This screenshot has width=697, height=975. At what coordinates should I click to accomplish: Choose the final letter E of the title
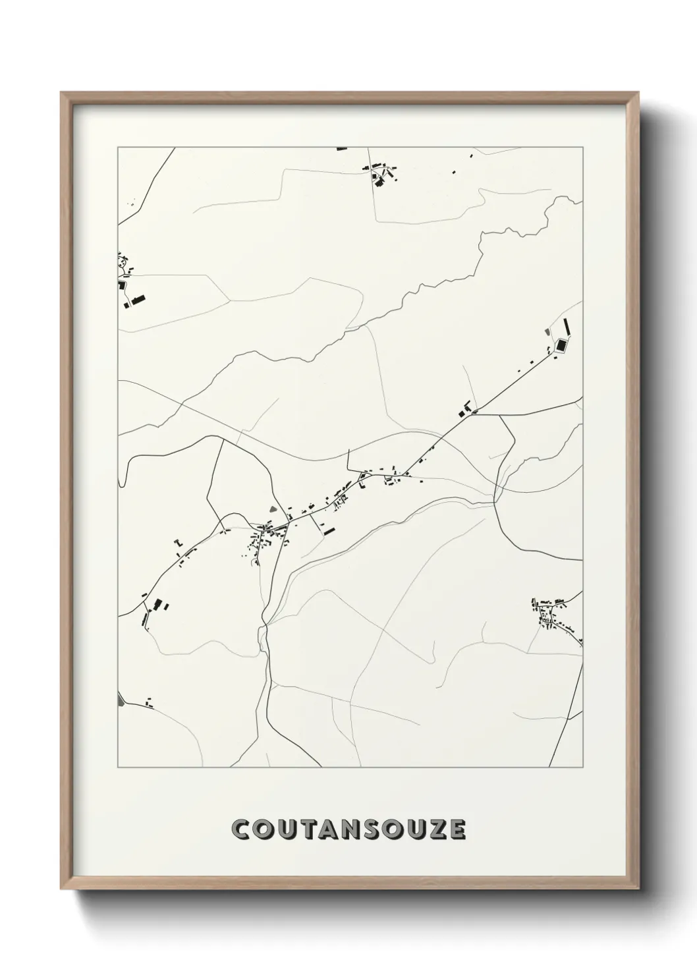(x=457, y=829)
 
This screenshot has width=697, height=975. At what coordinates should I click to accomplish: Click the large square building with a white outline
(x=561, y=345)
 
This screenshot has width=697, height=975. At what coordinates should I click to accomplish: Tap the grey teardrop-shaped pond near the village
(x=273, y=509)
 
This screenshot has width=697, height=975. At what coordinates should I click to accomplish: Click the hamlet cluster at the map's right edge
(x=557, y=616)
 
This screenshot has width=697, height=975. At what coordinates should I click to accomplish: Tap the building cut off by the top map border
(x=341, y=149)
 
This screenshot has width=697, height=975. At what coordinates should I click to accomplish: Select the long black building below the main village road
(x=327, y=528)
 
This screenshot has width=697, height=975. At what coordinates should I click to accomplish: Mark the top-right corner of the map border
(x=582, y=148)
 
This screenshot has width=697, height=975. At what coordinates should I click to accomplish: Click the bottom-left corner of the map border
(x=118, y=767)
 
